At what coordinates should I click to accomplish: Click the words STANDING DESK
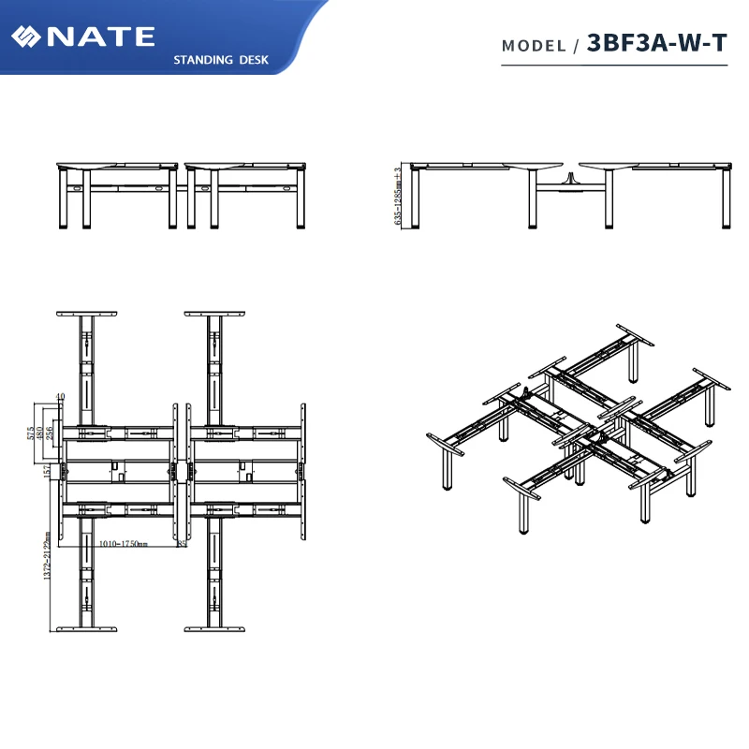click(221, 60)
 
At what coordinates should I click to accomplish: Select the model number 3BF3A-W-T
click(656, 43)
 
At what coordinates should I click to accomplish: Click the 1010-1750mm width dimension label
click(123, 543)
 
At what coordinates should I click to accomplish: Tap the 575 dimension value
click(31, 433)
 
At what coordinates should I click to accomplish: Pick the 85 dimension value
click(181, 543)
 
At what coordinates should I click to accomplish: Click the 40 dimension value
click(60, 398)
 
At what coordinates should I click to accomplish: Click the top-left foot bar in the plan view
click(86, 314)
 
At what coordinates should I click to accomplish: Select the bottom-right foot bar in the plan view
click(214, 628)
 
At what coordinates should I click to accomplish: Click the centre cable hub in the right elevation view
click(568, 178)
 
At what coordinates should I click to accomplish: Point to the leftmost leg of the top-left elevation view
click(65, 198)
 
